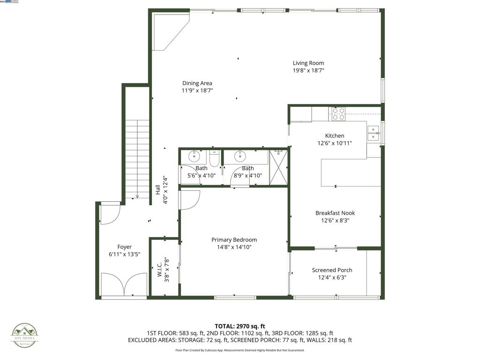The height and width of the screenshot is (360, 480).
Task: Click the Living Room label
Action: pos(308,63)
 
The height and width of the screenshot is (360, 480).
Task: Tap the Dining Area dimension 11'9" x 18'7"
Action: pos(197,90)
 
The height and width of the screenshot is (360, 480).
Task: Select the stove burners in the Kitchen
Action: pos(338,114)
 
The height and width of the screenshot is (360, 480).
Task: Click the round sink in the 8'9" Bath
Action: pos(240,156)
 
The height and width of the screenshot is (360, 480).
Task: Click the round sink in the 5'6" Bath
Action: pos(194,156)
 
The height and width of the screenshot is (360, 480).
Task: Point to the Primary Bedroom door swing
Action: pos(190,200)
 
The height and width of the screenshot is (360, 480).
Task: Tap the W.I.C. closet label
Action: pos(159,267)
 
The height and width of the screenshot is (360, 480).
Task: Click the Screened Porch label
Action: pos(332,270)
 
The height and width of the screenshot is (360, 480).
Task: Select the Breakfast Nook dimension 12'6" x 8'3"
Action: pos(335,220)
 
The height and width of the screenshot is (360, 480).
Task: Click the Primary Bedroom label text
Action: pos(234,240)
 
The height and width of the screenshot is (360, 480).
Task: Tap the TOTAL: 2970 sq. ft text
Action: pos(240,326)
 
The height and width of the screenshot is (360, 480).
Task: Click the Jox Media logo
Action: pos(24,336)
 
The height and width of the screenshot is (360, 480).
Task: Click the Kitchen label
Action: pos(335,136)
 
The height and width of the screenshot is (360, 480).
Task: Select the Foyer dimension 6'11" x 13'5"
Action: pos(124,254)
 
